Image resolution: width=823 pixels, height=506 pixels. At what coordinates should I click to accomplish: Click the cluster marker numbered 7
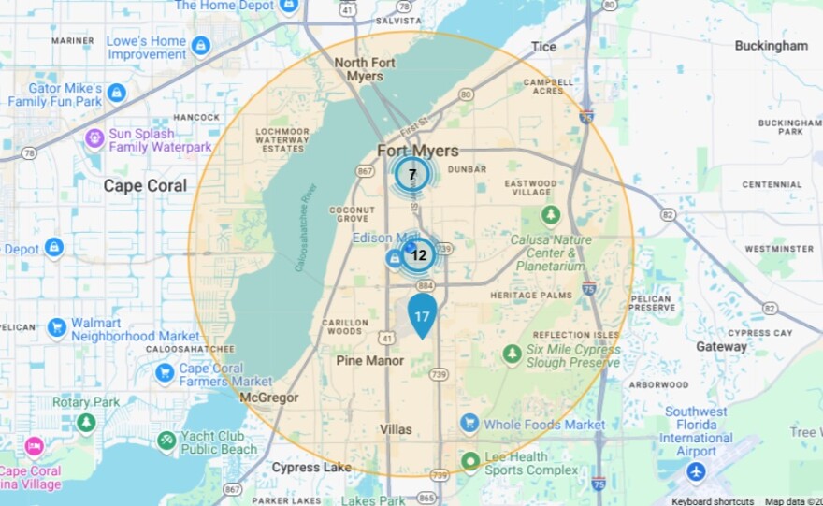(411, 175)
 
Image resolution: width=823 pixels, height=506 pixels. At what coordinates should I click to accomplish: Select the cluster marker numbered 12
(418, 254)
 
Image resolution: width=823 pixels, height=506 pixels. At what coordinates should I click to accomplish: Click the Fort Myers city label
(417, 151)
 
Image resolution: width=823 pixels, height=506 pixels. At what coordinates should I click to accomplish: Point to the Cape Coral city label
(145, 185)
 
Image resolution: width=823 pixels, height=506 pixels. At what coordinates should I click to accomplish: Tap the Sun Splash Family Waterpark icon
(94, 139)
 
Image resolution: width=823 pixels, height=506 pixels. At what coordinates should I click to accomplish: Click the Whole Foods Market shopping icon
(469, 424)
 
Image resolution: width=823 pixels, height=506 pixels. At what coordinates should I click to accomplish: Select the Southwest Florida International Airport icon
(696, 471)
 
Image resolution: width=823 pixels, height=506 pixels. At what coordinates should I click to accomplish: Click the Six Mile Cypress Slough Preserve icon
(512, 354)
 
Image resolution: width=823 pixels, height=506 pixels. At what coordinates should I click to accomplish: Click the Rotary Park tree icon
(86, 423)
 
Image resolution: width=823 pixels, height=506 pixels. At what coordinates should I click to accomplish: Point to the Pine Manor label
(370, 360)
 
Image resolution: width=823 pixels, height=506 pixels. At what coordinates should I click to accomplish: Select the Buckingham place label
(771, 45)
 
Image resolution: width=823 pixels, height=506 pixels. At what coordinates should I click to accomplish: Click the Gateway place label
(721, 346)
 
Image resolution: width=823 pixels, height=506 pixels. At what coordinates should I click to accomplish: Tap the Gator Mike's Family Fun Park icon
(116, 93)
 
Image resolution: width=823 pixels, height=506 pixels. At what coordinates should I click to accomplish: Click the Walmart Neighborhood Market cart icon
(57, 327)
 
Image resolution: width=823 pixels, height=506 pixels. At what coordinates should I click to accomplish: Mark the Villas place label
(396, 428)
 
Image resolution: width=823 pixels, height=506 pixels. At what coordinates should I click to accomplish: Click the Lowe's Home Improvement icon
(200, 44)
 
